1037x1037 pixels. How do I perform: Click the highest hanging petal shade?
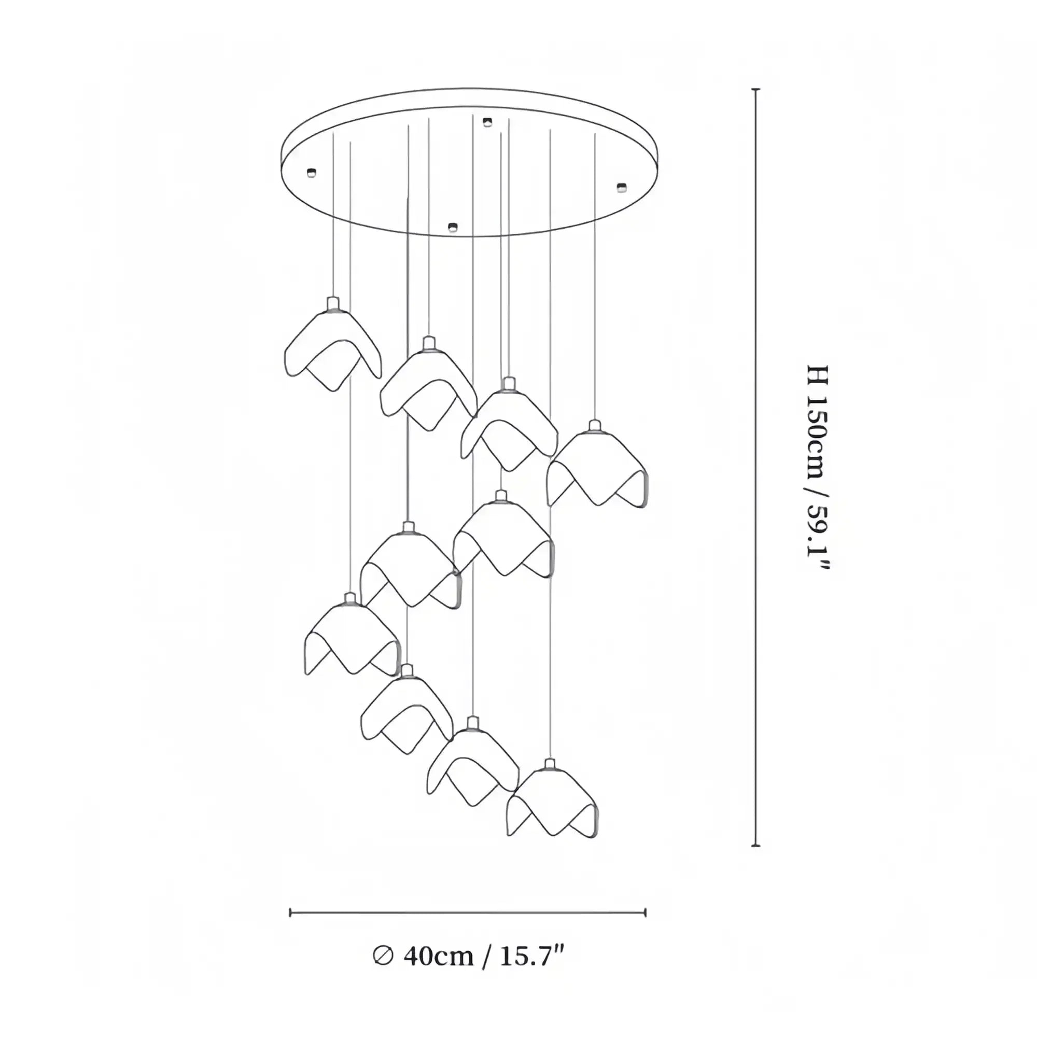[x=332, y=349]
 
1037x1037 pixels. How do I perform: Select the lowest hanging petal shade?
[x=552, y=803]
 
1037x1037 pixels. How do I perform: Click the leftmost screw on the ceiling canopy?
[x=311, y=172]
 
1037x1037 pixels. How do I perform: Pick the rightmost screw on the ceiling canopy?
[x=622, y=187]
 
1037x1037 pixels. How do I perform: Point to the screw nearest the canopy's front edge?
[x=453, y=227]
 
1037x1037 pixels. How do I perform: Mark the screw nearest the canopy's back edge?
[x=487, y=122]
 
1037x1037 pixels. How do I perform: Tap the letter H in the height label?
[x=818, y=375]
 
